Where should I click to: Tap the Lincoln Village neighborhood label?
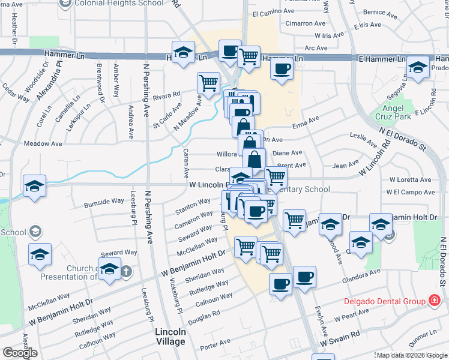click(x=170, y=336)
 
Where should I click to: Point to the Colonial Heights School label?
click(x=118, y=3)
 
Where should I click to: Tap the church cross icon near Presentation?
click(x=126, y=271)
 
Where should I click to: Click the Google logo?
click(x=20, y=353)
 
